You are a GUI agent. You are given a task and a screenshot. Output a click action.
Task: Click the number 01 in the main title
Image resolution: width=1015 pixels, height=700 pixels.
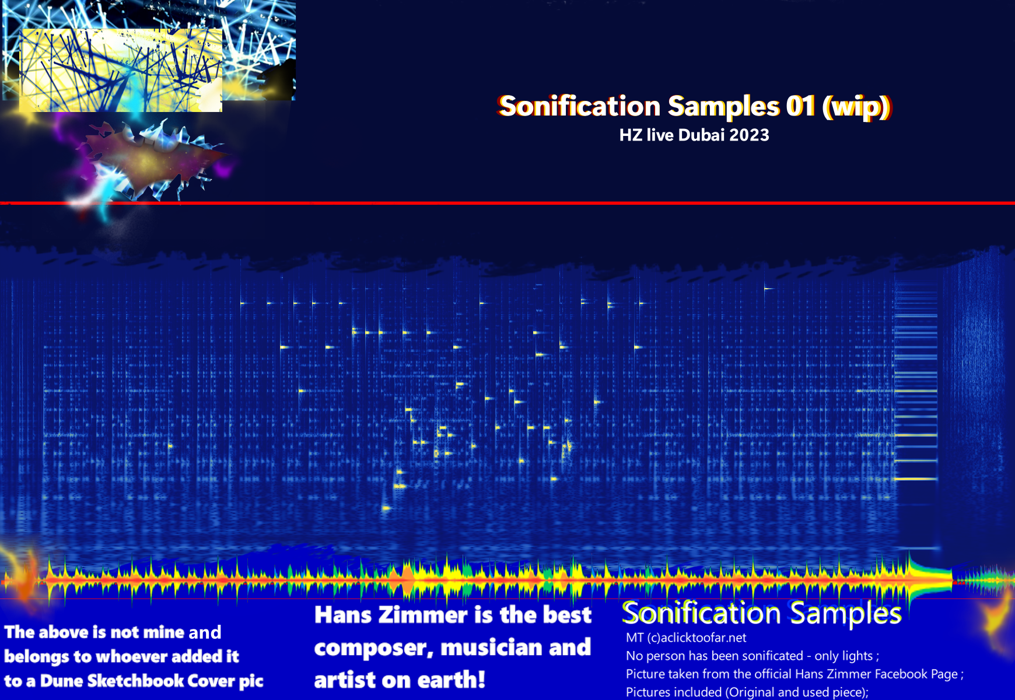point(800,106)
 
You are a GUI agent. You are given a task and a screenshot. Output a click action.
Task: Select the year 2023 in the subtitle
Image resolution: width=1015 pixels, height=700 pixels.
point(749,135)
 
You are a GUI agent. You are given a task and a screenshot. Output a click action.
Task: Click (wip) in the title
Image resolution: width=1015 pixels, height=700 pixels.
point(856,107)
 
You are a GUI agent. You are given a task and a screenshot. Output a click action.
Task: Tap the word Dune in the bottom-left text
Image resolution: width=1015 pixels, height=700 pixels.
point(61,681)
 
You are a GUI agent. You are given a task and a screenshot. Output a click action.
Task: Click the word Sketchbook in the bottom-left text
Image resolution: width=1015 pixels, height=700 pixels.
point(135,681)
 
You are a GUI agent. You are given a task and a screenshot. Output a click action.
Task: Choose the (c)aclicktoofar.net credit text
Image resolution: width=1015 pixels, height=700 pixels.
point(696,638)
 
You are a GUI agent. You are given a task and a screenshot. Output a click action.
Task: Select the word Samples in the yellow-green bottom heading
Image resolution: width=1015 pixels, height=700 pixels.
point(846,613)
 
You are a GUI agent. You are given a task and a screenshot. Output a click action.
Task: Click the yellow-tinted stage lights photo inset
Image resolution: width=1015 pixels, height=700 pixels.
point(121,70)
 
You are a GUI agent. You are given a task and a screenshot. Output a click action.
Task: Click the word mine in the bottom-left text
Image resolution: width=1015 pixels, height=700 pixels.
point(164,632)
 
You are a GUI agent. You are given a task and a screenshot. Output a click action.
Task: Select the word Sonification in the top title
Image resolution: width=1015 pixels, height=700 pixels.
point(580,106)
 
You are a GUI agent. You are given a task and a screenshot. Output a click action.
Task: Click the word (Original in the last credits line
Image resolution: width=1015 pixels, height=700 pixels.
point(750,692)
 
